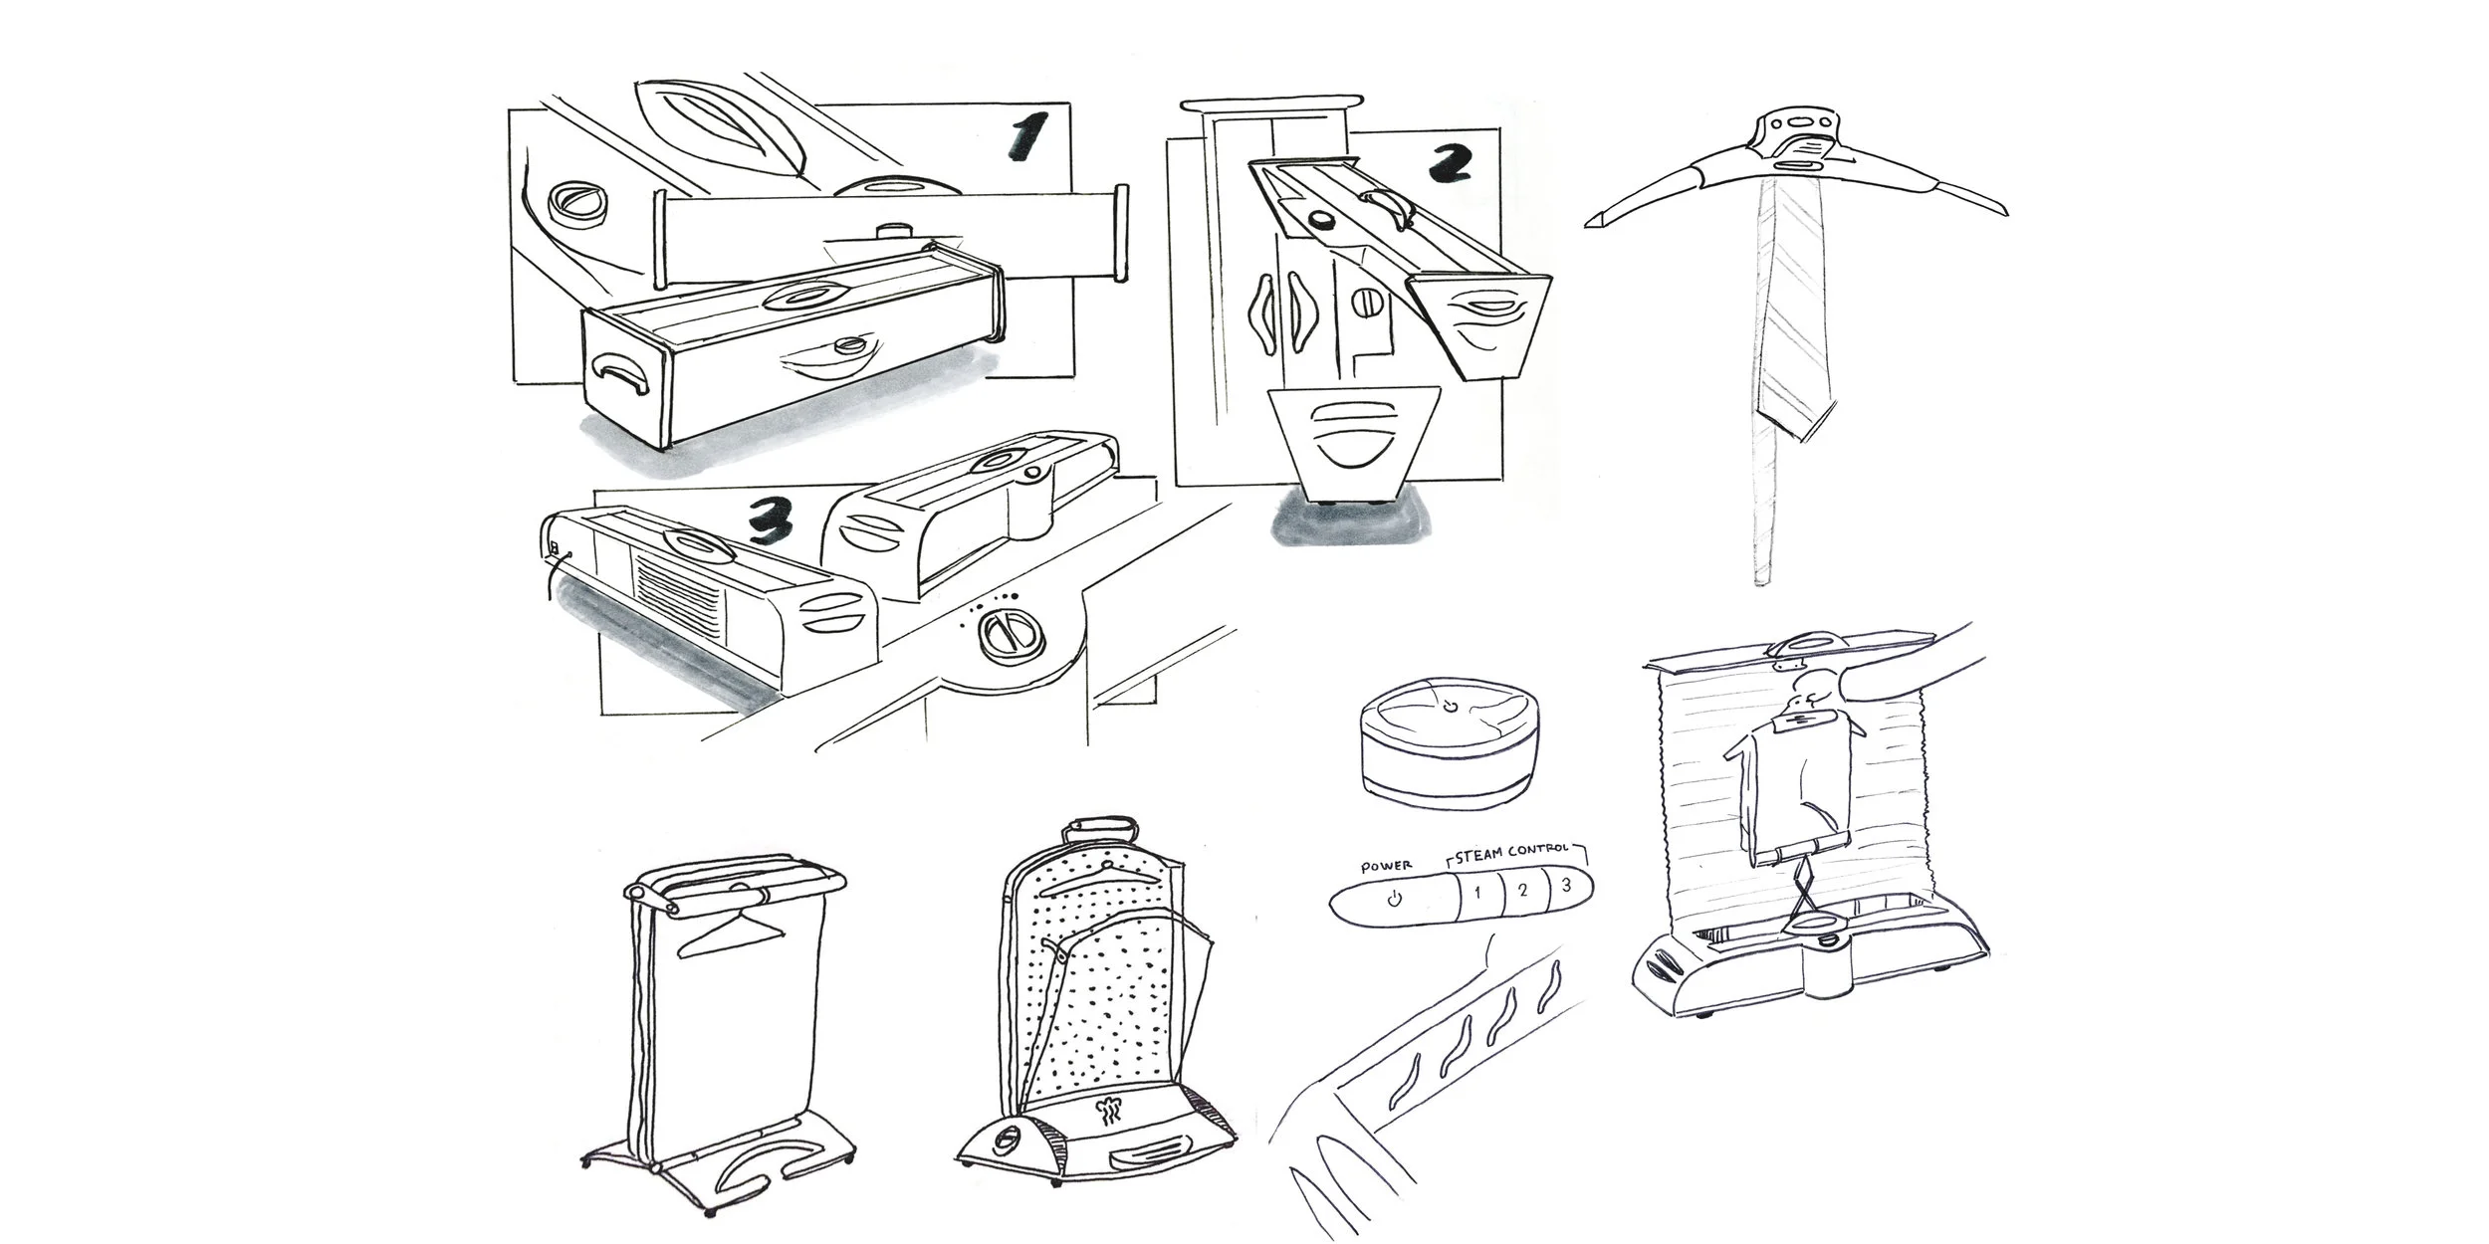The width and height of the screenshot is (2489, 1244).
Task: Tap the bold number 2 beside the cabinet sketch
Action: [x=1450, y=162]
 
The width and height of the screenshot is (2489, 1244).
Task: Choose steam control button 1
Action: [x=1477, y=891]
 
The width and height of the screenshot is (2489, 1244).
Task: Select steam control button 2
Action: [x=1522, y=889]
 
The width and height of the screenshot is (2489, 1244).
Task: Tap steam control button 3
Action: [x=1567, y=886]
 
